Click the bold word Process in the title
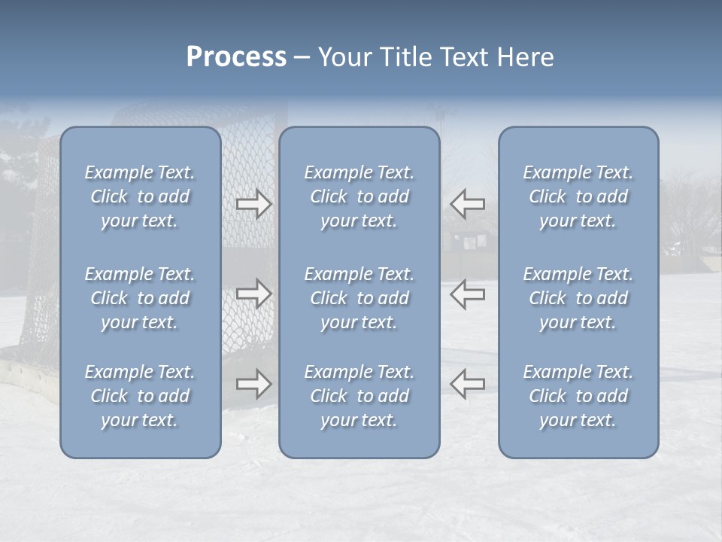click(236, 57)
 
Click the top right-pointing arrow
click(253, 204)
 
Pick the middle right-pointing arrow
click(253, 294)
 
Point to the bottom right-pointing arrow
click(253, 384)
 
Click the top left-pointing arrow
click(467, 204)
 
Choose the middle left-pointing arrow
click(467, 294)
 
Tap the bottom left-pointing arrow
click(467, 384)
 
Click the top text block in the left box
click(140, 196)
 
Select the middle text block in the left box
click(140, 298)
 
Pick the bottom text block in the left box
click(140, 396)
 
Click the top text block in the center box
click(359, 196)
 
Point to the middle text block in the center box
click(359, 298)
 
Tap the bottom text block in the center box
click(359, 396)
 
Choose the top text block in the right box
click(578, 196)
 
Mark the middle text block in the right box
click(578, 298)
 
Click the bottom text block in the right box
click(578, 396)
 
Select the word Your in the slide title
click(343, 57)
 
